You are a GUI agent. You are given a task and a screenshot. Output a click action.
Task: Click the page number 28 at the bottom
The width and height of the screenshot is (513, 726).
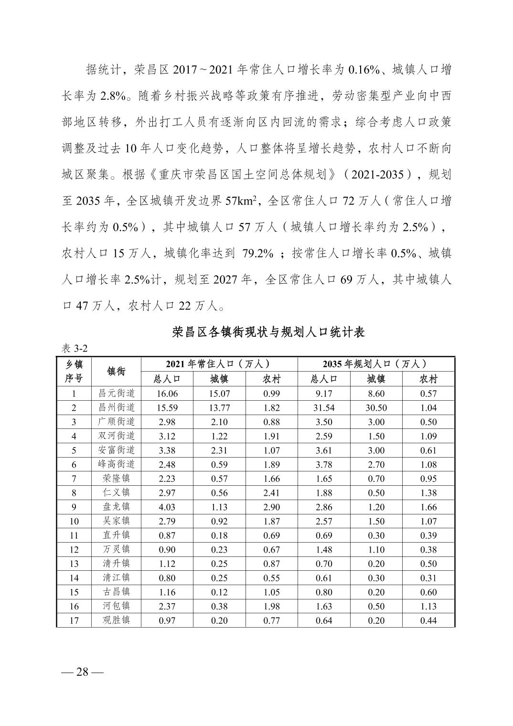(x=82, y=672)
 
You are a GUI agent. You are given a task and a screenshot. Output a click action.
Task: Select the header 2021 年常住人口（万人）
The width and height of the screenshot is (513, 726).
(x=219, y=364)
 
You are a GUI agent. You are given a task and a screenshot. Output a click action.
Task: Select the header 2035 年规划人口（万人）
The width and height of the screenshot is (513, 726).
(x=375, y=364)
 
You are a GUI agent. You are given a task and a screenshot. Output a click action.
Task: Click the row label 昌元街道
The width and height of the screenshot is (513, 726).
(x=117, y=394)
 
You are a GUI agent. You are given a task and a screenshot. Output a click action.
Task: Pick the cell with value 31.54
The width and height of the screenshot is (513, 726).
(x=323, y=408)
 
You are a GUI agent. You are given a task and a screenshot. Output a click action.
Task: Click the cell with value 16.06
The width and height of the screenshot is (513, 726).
(x=167, y=394)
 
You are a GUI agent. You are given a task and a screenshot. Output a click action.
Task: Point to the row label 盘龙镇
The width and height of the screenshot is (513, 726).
(x=117, y=507)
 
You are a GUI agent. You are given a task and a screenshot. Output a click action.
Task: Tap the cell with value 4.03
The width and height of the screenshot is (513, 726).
(x=167, y=507)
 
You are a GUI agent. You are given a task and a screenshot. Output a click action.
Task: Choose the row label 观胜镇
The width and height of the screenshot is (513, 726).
(x=117, y=620)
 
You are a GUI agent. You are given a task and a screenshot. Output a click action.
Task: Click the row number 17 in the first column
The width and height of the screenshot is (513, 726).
(x=74, y=620)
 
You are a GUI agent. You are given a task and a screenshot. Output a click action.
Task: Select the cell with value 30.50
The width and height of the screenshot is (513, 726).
(x=376, y=408)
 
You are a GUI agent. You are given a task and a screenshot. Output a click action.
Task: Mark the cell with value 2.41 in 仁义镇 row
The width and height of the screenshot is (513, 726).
(x=271, y=493)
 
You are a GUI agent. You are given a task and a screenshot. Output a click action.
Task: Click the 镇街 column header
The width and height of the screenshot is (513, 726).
(x=117, y=371)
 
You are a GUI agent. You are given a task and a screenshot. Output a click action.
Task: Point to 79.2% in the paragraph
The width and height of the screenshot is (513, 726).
(x=258, y=254)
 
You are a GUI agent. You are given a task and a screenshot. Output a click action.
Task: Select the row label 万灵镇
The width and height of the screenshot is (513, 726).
(x=117, y=549)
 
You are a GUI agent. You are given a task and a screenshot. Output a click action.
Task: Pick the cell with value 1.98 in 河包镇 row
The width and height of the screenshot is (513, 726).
(x=271, y=606)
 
